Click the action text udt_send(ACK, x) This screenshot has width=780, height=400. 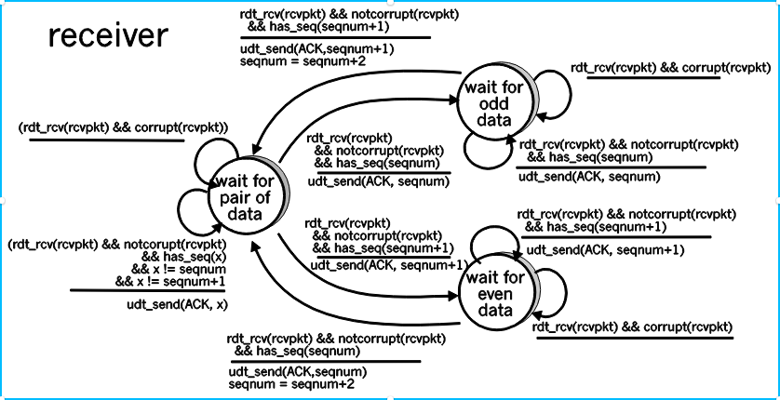(174, 304)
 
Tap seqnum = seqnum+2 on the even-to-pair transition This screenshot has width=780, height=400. (290, 383)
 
